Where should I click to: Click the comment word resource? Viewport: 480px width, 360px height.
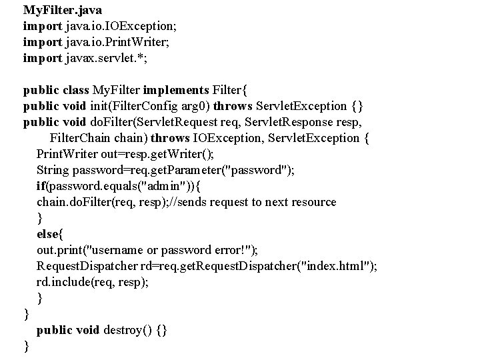click(x=311, y=202)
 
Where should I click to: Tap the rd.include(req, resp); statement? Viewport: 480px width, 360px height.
click(x=93, y=282)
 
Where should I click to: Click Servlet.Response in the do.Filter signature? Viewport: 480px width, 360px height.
click(x=303, y=123)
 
